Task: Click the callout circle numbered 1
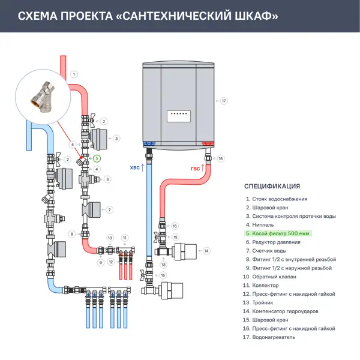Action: (74, 74)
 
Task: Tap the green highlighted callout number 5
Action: (97, 159)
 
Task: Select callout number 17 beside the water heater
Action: (224, 101)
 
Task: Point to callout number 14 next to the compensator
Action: (206, 251)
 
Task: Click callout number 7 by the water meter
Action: (109, 210)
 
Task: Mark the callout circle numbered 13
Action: (163, 265)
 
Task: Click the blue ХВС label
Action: (135, 169)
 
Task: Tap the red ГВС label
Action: (196, 169)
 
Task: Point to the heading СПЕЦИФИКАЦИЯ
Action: (272, 186)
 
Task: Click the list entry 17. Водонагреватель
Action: (269, 337)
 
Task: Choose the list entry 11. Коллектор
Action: (266, 285)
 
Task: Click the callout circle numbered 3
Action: (116, 139)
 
